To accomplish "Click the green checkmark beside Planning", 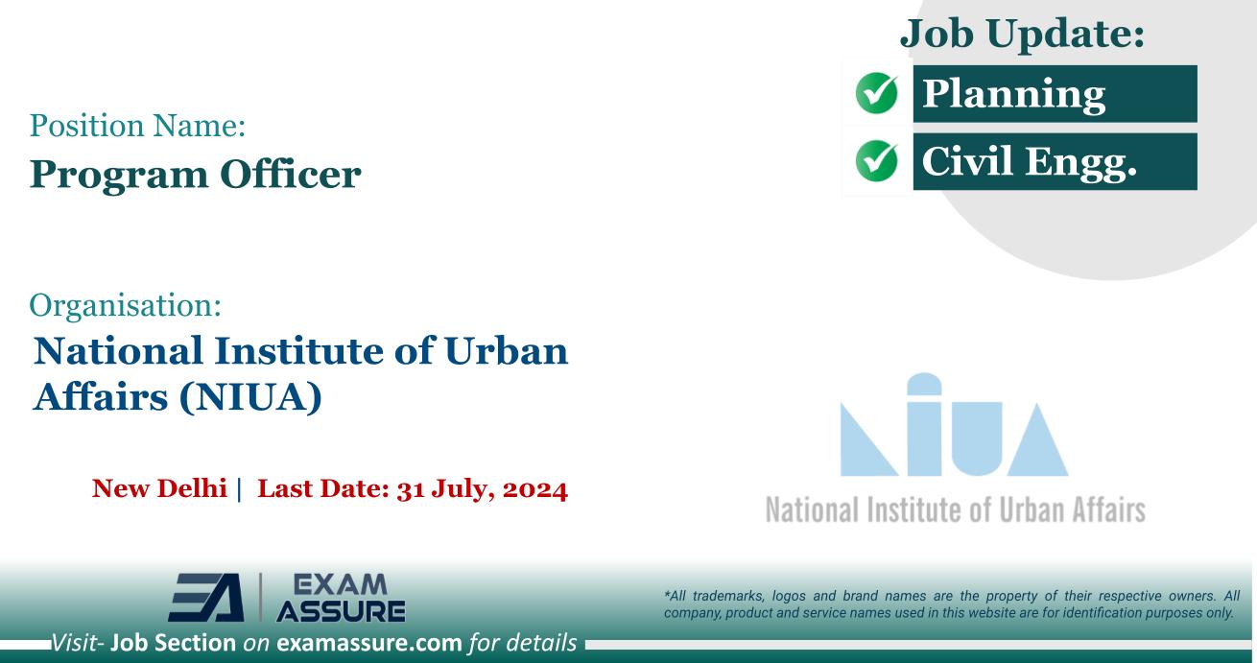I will pos(876,95).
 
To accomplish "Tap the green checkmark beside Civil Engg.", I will pos(876,162).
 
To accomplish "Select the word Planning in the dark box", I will pos(1013,95).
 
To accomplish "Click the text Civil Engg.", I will pos(1029,162).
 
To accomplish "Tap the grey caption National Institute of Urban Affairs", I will pos(955,509).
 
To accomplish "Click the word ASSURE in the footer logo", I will pos(340,611).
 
